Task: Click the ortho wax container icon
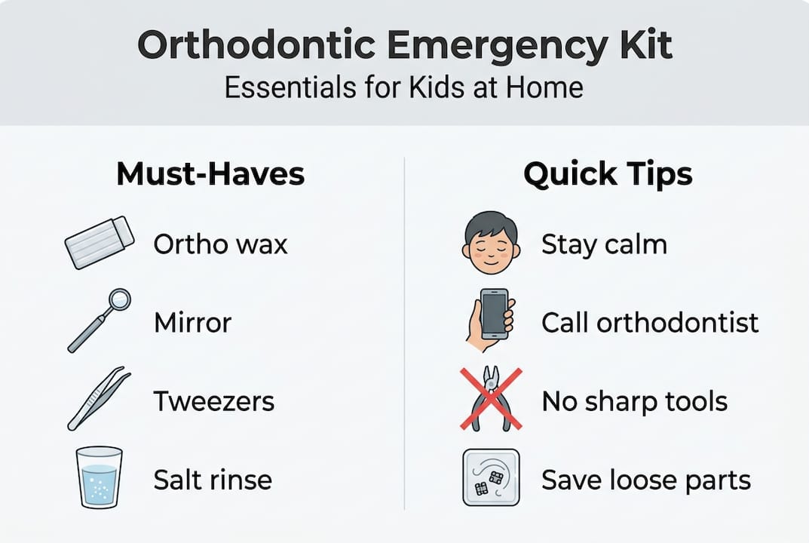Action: pos(100,242)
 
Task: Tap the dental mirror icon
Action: pos(99,321)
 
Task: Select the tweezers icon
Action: pos(99,398)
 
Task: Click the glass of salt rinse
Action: pos(99,477)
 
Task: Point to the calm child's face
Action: pos(489,244)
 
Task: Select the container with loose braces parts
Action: pos(490,477)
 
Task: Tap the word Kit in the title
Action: pos(643,47)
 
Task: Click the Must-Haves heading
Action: pos(210,174)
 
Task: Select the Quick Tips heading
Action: pos(608,174)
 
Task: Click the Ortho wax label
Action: pos(220,244)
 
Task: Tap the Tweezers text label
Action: pos(214,401)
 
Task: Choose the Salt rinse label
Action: pos(213,480)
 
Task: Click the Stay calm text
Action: pos(604,244)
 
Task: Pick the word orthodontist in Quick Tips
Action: pos(678,323)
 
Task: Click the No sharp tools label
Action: pos(634,401)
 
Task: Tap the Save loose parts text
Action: pos(646,480)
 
